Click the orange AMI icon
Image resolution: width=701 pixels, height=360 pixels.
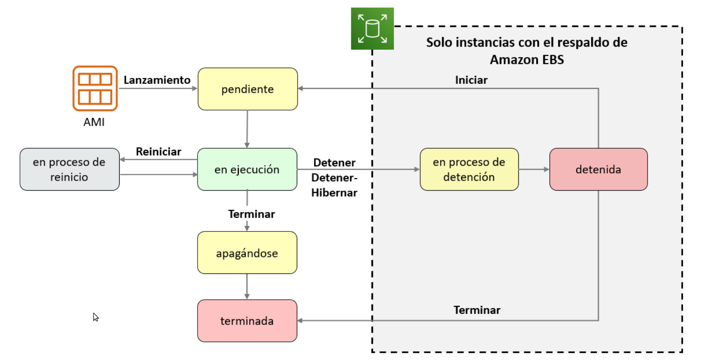click(95, 88)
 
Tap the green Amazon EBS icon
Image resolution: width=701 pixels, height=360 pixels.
click(372, 29)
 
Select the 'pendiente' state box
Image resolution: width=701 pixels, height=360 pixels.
click(247, 89)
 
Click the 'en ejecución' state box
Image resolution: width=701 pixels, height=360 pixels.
click(247, 169)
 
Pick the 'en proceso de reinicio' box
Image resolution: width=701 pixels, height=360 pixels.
click(69, 169)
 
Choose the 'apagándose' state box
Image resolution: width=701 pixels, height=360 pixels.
click(247, 253)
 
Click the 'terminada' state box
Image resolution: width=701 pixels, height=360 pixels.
click(247, 321)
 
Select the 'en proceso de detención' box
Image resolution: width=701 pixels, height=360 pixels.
click(469, 169)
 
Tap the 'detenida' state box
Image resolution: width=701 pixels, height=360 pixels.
click(598, 169)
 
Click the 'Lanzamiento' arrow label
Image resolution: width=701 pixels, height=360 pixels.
click(157, 80)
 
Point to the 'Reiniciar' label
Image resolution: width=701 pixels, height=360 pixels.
click(158, 152)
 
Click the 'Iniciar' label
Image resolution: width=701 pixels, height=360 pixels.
click(471, 80)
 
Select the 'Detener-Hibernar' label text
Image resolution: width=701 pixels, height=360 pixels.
click(334, 185)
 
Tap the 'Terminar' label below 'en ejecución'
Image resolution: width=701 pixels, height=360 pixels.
click(251, 214)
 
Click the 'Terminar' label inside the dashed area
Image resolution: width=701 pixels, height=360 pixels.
click(477, 310)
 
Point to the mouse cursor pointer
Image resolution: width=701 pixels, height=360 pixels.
click(95, 317)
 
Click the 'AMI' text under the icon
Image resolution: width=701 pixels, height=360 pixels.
click(94, 122)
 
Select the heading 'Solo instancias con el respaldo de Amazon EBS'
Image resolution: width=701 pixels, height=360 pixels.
click(527, 51)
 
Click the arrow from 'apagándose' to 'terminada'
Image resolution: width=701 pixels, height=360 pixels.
click(247, 286)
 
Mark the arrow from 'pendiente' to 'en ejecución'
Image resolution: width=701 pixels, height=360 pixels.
click(247, 129)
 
